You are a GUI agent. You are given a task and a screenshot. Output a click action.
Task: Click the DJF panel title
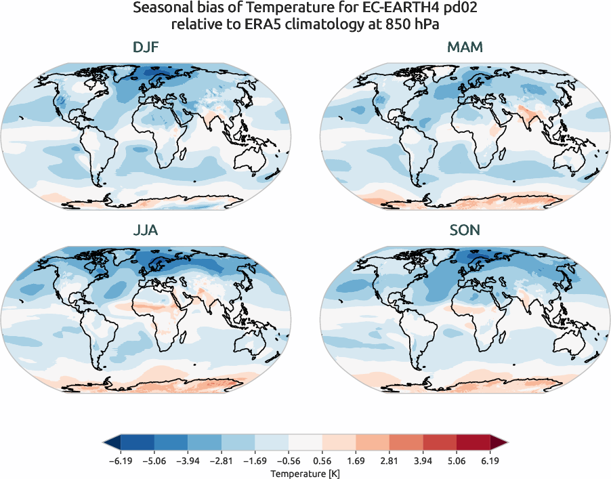146,47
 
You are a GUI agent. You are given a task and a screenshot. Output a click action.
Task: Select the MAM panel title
465,47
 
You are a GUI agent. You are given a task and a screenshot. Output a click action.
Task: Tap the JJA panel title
146,230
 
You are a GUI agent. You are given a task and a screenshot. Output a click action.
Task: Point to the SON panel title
465,230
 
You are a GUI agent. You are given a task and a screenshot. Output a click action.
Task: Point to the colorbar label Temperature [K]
305,472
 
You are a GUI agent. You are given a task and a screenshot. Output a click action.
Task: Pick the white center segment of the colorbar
305,443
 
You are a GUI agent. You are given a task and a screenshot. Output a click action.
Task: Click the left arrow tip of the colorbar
105,443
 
